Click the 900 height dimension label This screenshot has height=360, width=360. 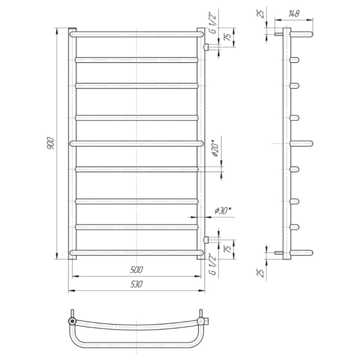point(50,143)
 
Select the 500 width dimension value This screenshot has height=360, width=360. point(136,270)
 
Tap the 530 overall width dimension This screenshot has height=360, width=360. point(136,284)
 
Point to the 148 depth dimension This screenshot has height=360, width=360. point(293,14)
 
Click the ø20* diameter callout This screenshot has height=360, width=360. point(216,148)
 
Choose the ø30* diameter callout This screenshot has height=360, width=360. point(223,211)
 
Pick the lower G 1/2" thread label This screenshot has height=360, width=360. point(213,264)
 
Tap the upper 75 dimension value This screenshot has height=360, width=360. point(227,37)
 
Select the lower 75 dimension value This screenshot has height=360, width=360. point(227,249)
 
